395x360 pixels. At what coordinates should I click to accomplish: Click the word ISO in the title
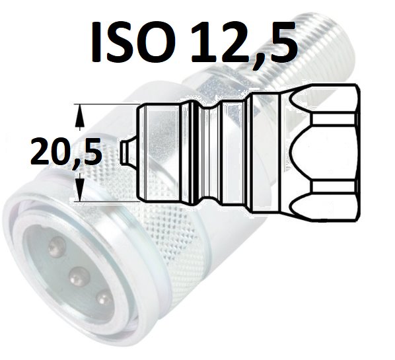pos(129,42)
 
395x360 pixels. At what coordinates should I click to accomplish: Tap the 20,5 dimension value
pos(66,152)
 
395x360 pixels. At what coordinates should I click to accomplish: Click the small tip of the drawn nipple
pos(129,153)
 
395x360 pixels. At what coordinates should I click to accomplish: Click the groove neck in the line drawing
pos(212,153)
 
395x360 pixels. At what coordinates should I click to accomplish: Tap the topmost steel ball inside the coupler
pos(57,247)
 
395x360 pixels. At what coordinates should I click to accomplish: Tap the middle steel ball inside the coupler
pos(79,277)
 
